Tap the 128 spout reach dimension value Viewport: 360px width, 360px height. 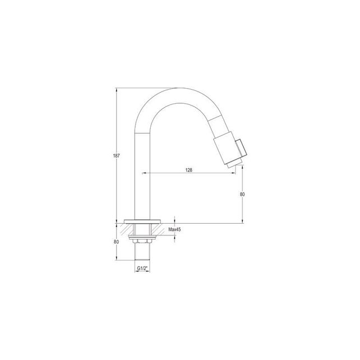(x=190, y=169)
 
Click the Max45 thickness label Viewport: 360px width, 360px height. (x=174, y=230)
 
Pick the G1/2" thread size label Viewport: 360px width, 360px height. (x=143, y=269)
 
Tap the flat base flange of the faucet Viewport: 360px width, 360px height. (x=142, y=220)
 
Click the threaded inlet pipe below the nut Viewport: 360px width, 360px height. (x=142, y=252)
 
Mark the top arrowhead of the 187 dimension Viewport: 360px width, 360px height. (x=116, y=89)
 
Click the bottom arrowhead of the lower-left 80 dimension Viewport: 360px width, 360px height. (x=116, y=259)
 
